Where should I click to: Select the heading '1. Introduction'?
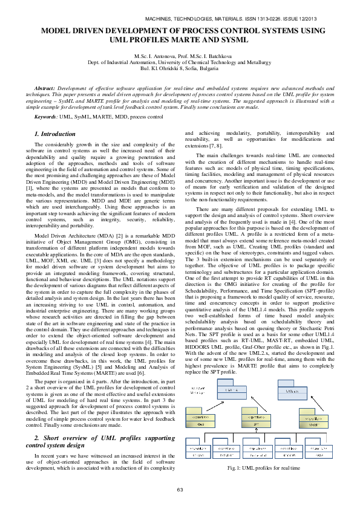55,134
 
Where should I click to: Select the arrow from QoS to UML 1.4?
217,407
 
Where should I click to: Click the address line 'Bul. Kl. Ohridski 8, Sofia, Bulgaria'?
180,68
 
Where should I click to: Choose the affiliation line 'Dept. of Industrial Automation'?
180,62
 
